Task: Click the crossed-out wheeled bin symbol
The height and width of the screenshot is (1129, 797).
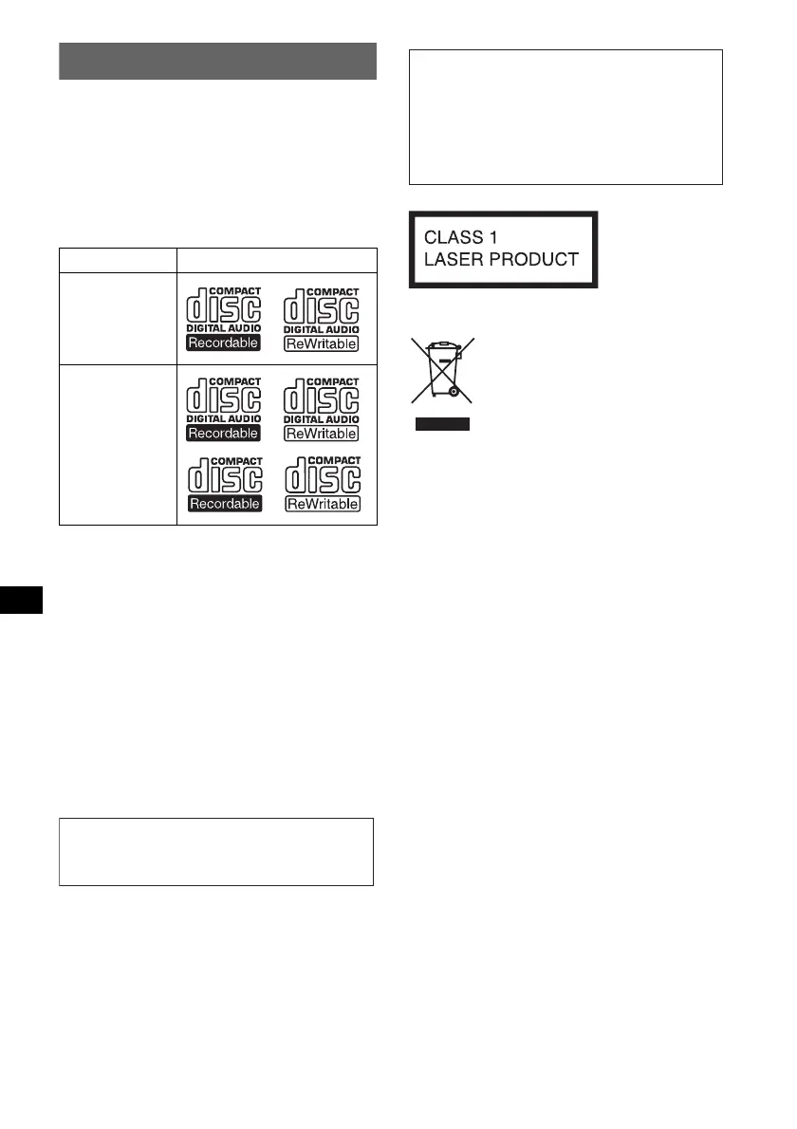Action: pyautogui.click(x=442, y=369)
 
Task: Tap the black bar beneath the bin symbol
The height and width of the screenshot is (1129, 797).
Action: pyautogui.click(x=442, y=424)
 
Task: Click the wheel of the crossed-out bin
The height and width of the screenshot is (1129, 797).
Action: pyautogui.click(x=454, y=390)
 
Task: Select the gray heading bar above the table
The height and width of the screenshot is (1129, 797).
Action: pyautogui.click(x=218, y=61)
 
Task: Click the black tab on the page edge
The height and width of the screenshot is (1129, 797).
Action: pyautogui.click(x=21, y=600)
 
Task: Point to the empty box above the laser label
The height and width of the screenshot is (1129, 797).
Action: pyautogui.click(x=565, y=117)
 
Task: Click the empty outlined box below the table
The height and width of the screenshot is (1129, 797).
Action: pyautogui.click(x=216, y=851)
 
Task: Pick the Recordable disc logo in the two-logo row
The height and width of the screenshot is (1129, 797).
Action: pyautogui.click(x=223, y=317)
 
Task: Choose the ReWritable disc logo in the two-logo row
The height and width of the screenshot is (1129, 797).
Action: pyautogui.click(x=322, y=317)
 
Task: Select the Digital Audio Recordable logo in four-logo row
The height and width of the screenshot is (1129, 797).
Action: pyautogui.click(x=223, y=408)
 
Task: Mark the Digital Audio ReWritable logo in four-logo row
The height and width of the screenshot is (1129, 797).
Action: pyautogui.click(x=322, y=408)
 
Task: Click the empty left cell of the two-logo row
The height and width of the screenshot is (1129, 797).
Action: pyautogui.click(x=118, y=317)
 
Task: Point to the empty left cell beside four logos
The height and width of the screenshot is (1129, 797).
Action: pyautogui.click(x=118, y=443)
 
